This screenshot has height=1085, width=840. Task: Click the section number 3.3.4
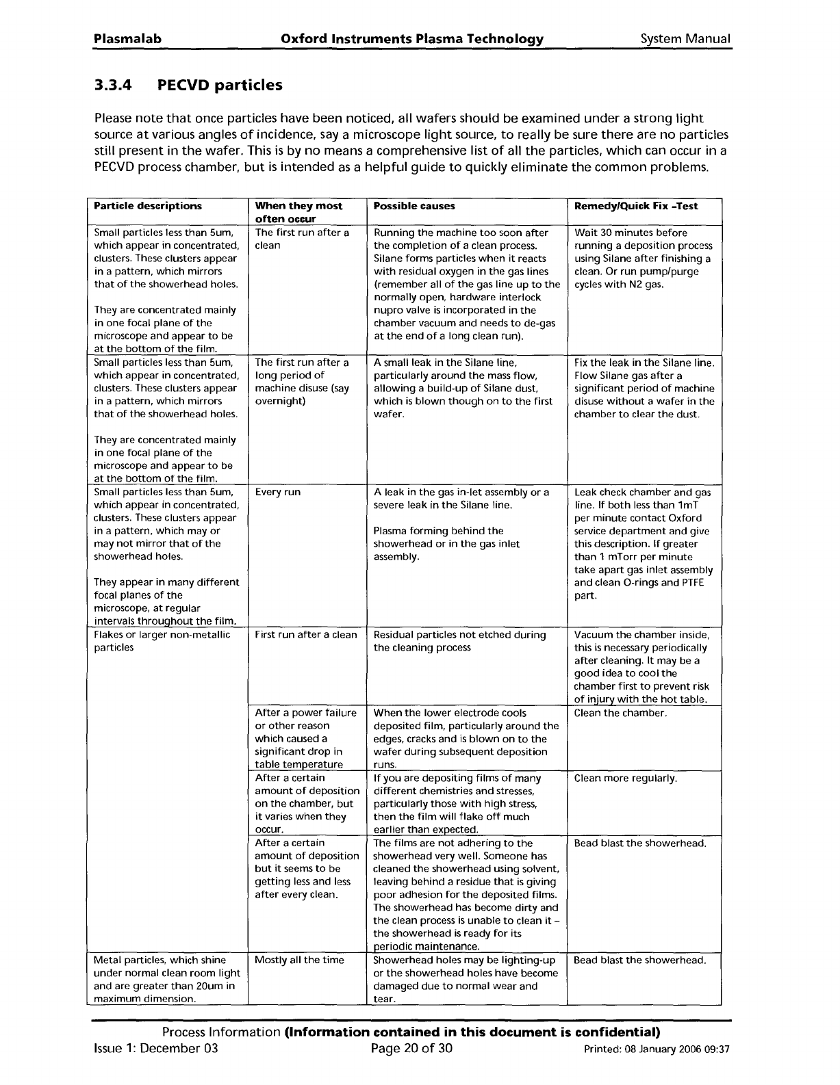114,86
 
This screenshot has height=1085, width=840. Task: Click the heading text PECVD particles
219,86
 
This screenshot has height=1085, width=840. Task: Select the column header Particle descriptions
148,206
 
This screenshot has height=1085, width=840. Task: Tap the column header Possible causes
414,206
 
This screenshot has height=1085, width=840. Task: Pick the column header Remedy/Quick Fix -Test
636,206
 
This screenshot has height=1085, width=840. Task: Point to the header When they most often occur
298,212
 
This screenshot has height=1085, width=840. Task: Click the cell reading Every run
277,493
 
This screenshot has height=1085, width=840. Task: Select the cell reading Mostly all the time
299,960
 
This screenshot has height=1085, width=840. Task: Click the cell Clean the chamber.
620,713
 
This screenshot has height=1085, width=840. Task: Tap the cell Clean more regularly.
626,778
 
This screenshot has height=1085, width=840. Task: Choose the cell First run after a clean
305,635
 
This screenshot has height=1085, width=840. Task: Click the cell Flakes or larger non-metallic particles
162,641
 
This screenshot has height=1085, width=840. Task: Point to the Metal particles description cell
166,979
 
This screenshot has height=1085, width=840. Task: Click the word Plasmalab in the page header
127,39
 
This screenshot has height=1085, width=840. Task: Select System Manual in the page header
685,39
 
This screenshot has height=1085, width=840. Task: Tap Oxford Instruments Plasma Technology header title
412,39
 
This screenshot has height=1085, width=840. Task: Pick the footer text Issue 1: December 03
155,1049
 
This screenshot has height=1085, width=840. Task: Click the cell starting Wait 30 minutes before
643,259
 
